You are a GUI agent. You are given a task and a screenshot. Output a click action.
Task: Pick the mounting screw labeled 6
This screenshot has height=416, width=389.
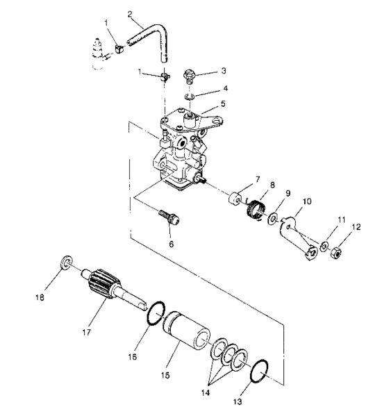(x=170, y=215)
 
